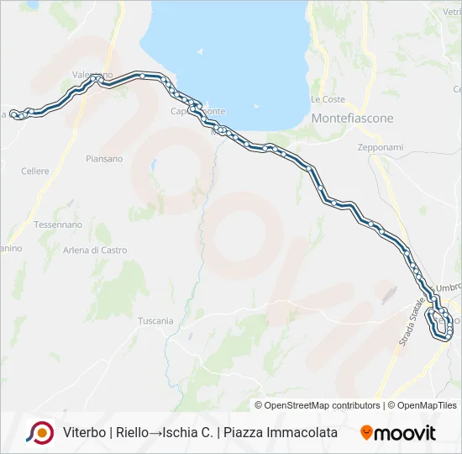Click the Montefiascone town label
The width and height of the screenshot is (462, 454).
352,119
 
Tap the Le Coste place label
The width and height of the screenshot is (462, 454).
328,99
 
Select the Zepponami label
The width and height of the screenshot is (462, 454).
381,147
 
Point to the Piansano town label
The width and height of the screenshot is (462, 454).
104,158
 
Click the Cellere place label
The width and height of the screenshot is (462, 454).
35,172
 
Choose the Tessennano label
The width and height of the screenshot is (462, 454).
58,224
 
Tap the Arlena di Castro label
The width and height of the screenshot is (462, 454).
95,250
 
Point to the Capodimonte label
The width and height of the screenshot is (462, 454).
197,112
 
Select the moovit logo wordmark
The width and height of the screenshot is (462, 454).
405,433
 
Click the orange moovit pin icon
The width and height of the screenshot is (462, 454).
366,432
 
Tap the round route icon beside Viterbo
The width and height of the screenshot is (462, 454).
39,432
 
